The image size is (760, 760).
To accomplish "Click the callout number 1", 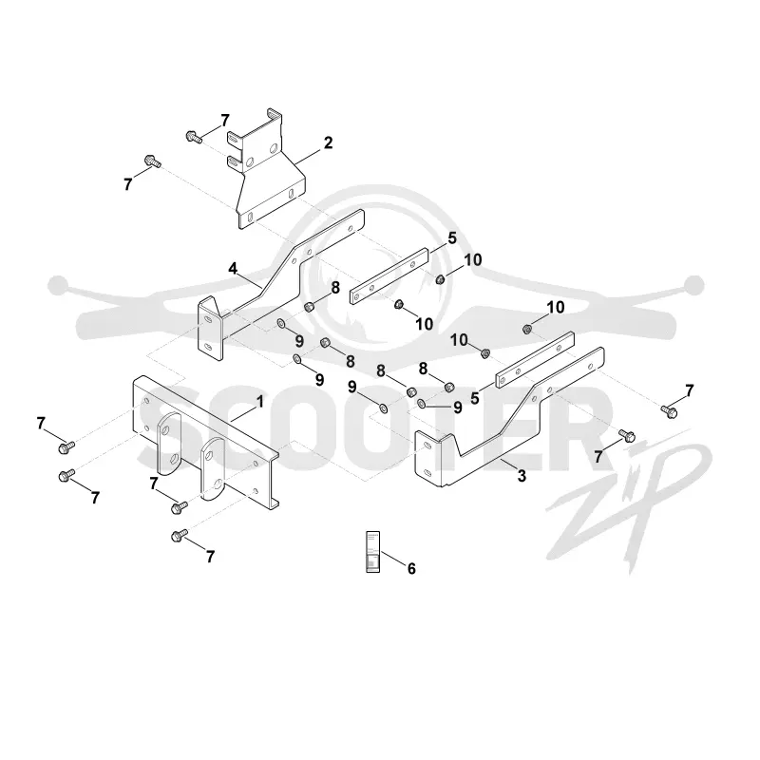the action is [260, 402].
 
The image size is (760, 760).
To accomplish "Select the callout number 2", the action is [328, 143].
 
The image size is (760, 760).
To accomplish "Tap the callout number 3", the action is [522, 476].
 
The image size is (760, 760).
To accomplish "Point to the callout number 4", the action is [233, 269].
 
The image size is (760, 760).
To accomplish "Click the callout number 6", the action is [411, 568].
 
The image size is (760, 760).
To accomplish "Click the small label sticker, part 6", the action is [372, 552].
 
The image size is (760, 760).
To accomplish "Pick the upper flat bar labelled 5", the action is [389, 276].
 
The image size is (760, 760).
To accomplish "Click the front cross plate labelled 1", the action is [206, 442].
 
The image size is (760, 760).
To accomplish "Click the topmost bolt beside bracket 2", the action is [194, 137].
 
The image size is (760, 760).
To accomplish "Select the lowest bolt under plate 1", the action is [179, 536].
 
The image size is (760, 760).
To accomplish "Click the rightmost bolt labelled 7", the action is [670, 411].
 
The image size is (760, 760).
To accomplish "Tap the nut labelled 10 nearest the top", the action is [441, 279].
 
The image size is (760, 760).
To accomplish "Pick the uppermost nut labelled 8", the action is [308, 307].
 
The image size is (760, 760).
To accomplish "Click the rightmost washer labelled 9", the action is [422, 403].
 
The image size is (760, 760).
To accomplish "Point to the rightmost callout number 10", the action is [556, 307].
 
